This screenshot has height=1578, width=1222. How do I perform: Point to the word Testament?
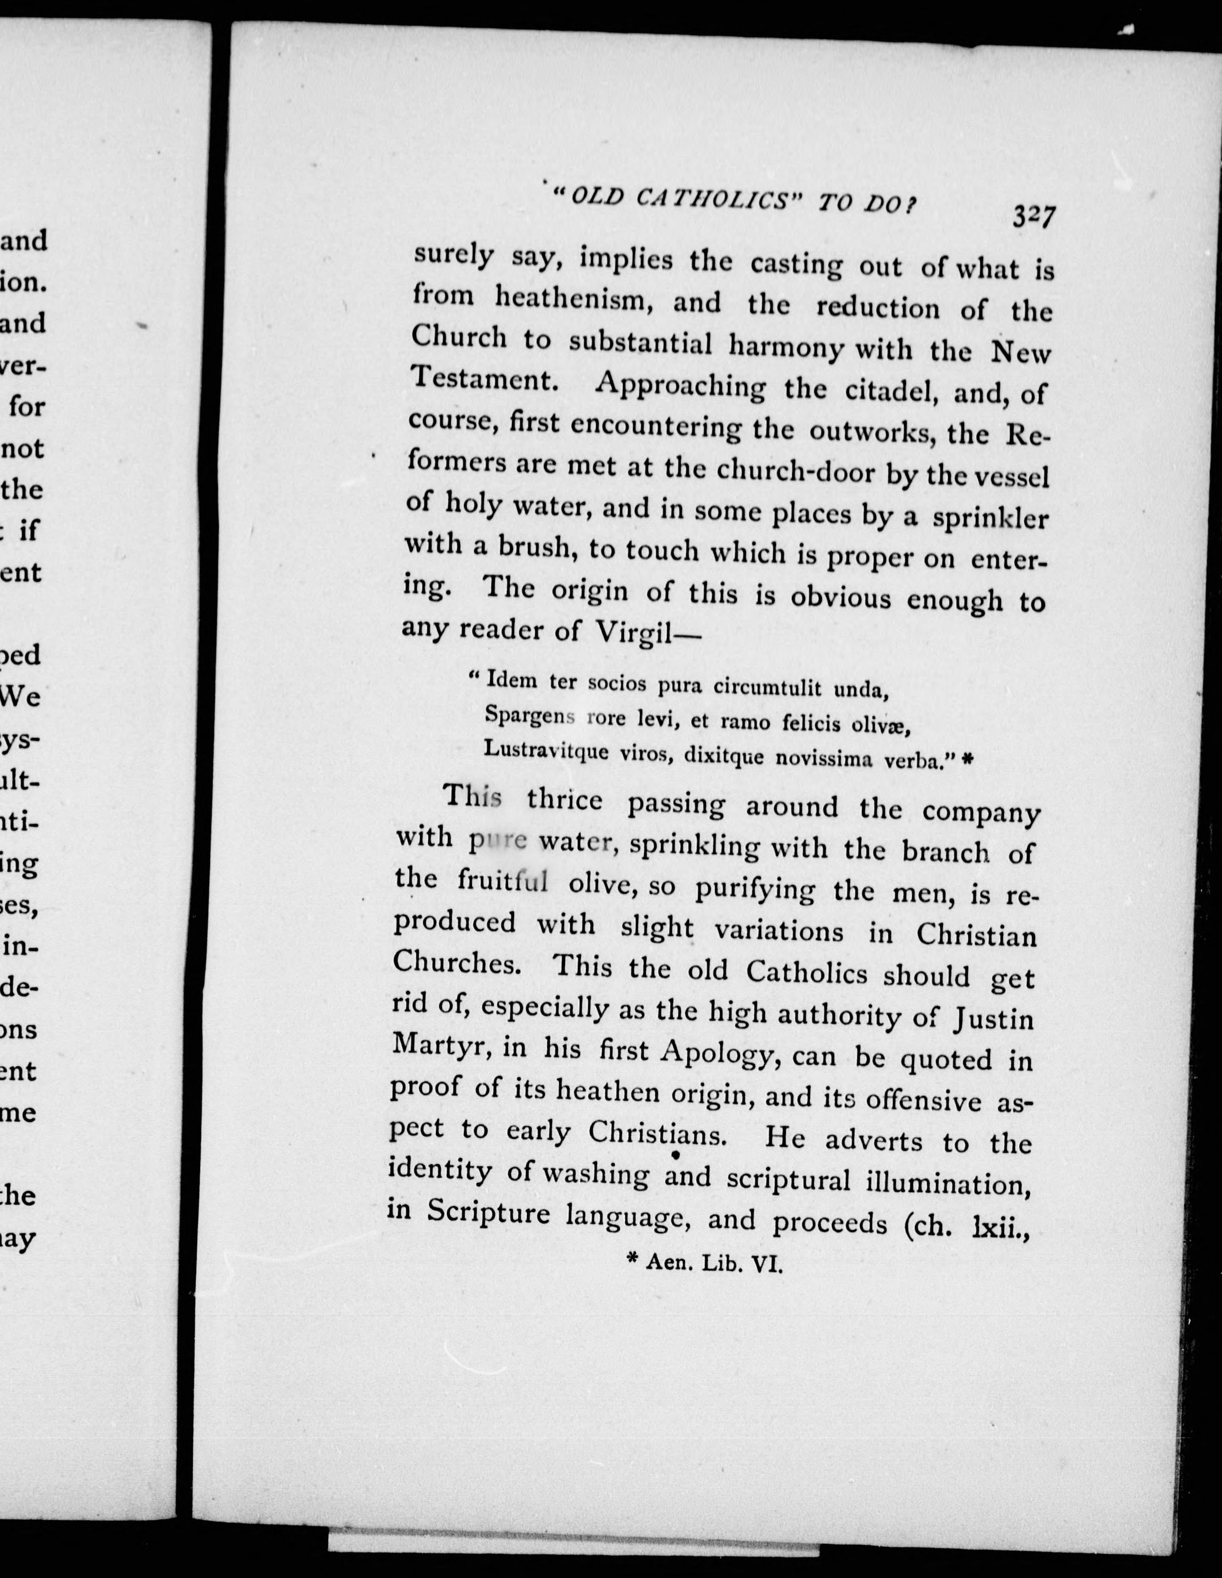click(482, 379)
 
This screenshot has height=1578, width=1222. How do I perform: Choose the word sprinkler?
click(989, 518)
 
